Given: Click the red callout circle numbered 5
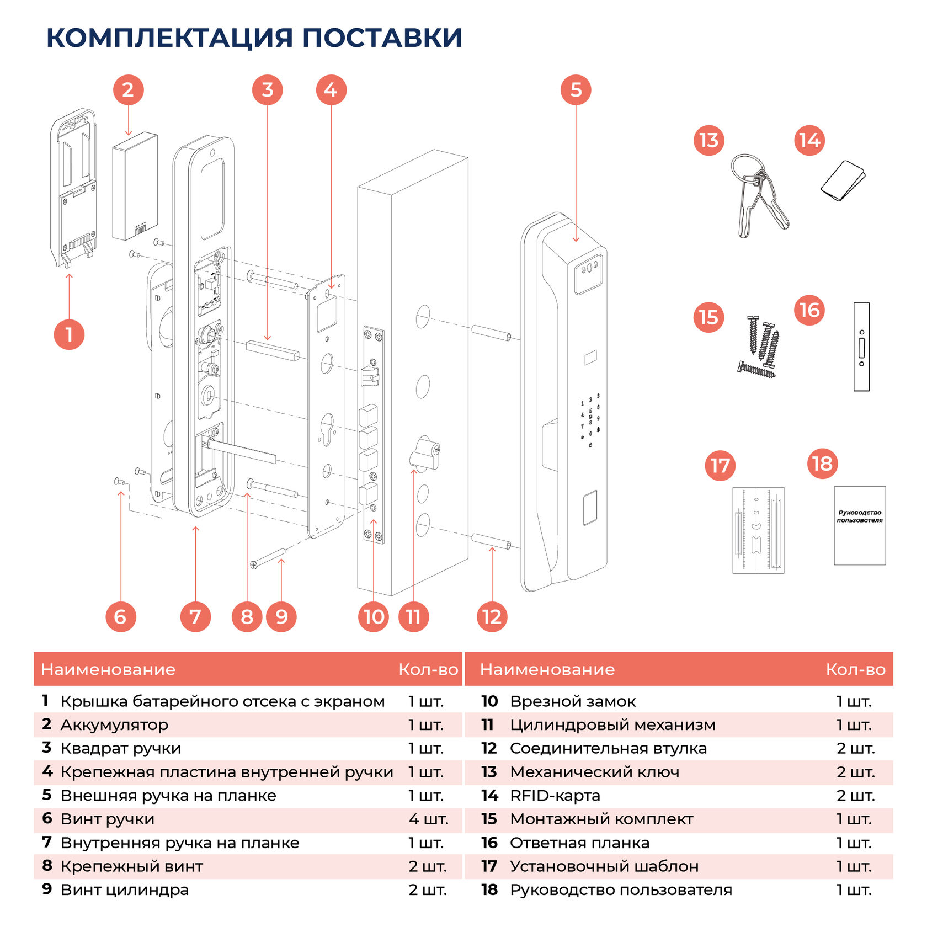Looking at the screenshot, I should click(576, 90).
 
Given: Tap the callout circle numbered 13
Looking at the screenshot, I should click(708, 140).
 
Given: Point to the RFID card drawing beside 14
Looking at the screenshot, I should click(843, 181).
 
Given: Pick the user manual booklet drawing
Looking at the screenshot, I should click(859, 525).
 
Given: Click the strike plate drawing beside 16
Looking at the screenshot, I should click(861, 347).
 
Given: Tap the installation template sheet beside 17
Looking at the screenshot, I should click(758, 530).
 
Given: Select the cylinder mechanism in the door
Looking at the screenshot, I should click(424, 454).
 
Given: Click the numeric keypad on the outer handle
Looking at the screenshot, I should click(590, 418).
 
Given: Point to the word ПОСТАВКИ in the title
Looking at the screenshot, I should click(382, 38).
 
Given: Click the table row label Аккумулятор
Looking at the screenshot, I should click(114, 724).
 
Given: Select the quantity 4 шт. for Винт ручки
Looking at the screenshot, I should click(428, 819).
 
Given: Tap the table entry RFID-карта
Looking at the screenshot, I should click(555, 795).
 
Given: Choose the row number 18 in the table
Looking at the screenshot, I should click(489, 889).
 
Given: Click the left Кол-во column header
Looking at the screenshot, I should click(428, 669).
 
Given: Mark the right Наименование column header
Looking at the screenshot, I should click(547, 669).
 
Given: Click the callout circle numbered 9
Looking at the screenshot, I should click(281, 616).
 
